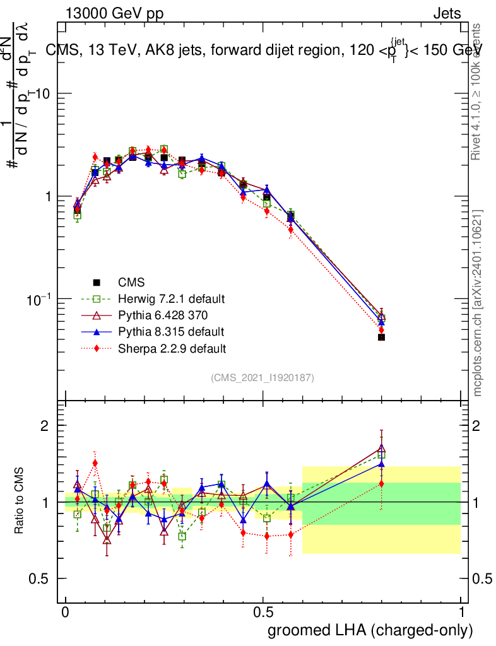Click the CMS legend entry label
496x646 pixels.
click(x=131, y=282)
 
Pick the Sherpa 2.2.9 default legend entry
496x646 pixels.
click(x=172, y=348)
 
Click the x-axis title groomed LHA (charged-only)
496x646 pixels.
click(x=371, y=630)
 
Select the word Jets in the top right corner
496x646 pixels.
click(x=446, y=13)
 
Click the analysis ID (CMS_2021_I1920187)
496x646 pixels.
click(x=263, y=377)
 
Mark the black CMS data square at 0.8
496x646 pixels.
click(x=381, y=338)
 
